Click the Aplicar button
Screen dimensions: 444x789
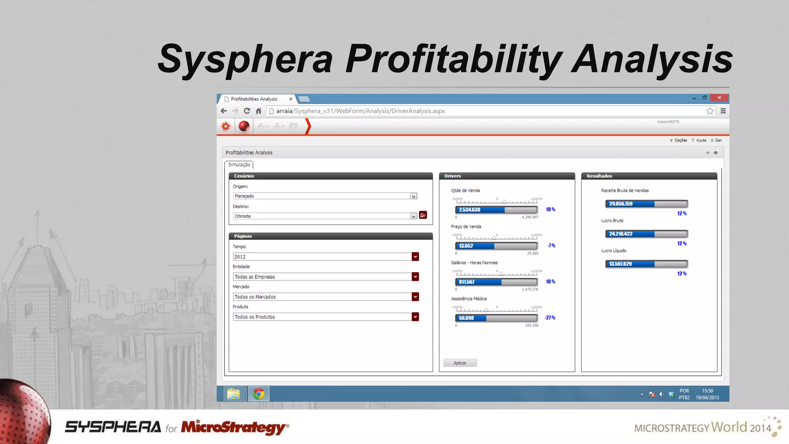[460, 363]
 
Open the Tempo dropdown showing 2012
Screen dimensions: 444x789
[326, 257]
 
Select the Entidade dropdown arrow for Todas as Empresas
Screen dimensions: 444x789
[415, 277]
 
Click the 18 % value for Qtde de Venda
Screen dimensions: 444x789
[550, 210]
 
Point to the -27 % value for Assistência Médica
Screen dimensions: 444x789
[550, 318]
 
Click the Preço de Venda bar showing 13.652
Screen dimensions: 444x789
[496, 246]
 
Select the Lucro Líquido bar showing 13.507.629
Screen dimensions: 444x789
[646, 264]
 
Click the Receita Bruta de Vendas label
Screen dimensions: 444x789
[624, 191]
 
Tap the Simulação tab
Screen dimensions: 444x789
[239, 165]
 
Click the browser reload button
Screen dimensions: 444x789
[247, 111]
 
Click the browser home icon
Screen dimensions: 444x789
[259, 111]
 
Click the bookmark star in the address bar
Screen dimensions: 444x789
[710, 111]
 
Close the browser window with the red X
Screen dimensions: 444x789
[719, 98]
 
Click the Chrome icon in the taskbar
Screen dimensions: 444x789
[259, 394]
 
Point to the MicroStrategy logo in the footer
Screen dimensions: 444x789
[235, 427]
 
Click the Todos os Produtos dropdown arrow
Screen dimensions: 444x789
[415, 317]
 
